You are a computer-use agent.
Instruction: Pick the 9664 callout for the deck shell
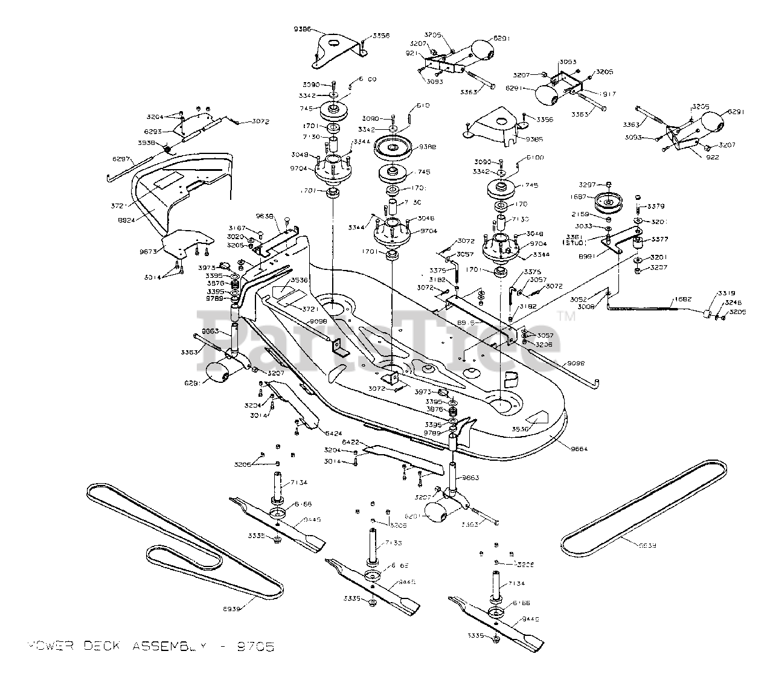tap(578, 449)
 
